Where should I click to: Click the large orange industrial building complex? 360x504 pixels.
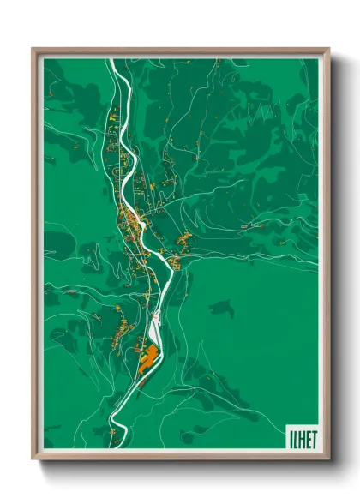tap(147, 358)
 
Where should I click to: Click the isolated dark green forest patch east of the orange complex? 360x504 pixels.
tap(222, 307)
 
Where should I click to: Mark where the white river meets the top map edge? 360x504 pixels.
tap(112, 61)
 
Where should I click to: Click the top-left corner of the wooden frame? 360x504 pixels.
tap(33, 49)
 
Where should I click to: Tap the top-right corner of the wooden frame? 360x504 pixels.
tap(328, 49)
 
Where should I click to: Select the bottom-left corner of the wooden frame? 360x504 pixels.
tap(33, 459)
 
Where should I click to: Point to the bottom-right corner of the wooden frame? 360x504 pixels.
tap(328, 459)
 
